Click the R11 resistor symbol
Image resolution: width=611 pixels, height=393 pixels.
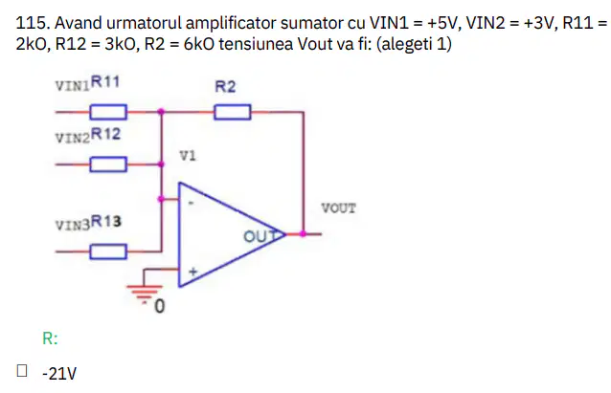pyautogui.click(x=108, y=112)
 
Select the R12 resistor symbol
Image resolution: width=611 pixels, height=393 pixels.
pyautogui.click(x=108, y=164)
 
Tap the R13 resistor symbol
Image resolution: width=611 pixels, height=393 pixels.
pyautogui.click(x=108, y=251)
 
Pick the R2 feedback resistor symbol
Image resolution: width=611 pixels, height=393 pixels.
pyautogui.click(x=233, y=112)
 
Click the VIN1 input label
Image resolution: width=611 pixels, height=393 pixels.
pyautogui.click(x=73, y=86)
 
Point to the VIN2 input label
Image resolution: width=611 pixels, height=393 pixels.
pyautogui.click(x=73, y=138)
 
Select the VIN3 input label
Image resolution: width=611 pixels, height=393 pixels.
pyautogui.click(x=73, y=226)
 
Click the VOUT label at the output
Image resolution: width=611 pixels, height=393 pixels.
pyautogui.click(x=338, y=208)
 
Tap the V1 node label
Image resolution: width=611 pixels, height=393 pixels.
pyautogui.click(x=188, y=156)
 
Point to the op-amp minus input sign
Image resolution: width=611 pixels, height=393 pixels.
pyautogui.click(x=191, y=203)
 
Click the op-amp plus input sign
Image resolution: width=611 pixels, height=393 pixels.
pyautogui.click(x=192, y=272)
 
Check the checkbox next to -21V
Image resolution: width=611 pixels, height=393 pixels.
pyautogui.click(x=22, y=370)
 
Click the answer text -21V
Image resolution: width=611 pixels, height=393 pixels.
pyautogui.click(x=59, y=374)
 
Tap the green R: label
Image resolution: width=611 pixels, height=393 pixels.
pyautogui.click(x=50, y=338)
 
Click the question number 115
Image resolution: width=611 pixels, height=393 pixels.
pyautogui.click(x=33, y=23)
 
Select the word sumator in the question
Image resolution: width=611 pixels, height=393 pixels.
pyautogui.click(x=311, y=23)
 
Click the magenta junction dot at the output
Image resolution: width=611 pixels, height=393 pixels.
pyautogui.click(x=303, y=234)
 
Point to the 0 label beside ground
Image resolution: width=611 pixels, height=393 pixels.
pyautogui.click(x=160, y=306)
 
